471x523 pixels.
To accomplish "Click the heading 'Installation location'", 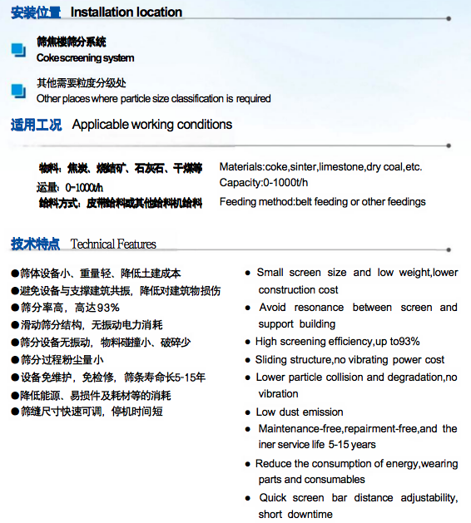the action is (x=126, y=12).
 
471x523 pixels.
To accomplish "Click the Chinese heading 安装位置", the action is (x=36, y=12).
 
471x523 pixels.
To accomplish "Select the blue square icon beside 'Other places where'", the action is (x=17, y=90).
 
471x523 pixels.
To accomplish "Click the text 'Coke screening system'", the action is (x=86, y=58).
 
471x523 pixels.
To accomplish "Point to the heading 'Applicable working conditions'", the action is (x=152, y=125).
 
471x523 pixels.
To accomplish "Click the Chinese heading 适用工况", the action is (x=36, y=126).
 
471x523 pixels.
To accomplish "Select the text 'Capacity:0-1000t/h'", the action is (x=263, y=183).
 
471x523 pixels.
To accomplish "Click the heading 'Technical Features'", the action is (x=113, y=244).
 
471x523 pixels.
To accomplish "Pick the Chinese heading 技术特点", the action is (x=36, y=244).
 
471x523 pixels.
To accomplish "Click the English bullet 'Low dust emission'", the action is (x=300, y=412).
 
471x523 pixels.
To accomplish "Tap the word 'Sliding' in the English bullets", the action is (x=274, y=360).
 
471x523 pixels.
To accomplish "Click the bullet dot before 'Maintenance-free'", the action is (x=249, y=429).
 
